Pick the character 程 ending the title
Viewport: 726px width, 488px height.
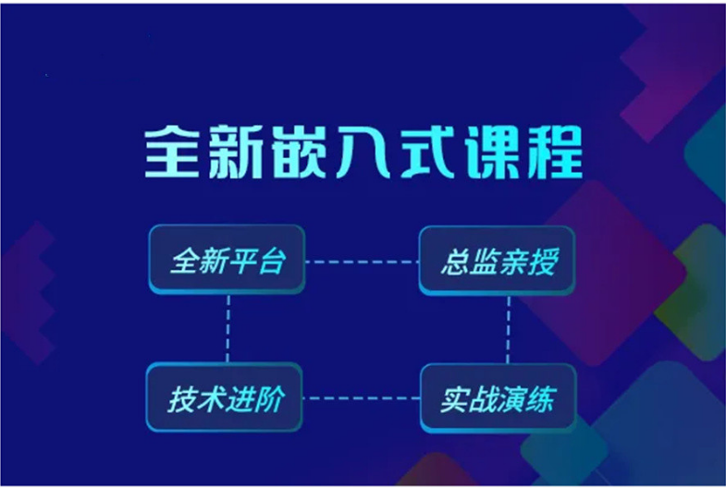point(555,152)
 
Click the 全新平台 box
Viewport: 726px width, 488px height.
point(227,260)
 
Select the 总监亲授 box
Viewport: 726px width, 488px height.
point(498,261)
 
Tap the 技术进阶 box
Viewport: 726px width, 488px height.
point(225,396)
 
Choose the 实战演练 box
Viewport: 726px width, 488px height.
point(498,397)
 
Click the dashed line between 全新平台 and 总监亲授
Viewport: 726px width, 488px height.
point(362,262)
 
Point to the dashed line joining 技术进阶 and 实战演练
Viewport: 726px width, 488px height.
point(362,397)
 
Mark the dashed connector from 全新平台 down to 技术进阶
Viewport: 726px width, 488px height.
point(228,328)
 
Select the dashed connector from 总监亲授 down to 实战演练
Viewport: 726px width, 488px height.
point(509,329)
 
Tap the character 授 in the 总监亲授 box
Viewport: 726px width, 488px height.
point(543,262)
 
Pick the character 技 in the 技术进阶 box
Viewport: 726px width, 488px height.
point(181,398)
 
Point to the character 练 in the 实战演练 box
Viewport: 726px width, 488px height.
point(541,398)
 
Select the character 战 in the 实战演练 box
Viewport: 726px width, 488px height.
point(483,398)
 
